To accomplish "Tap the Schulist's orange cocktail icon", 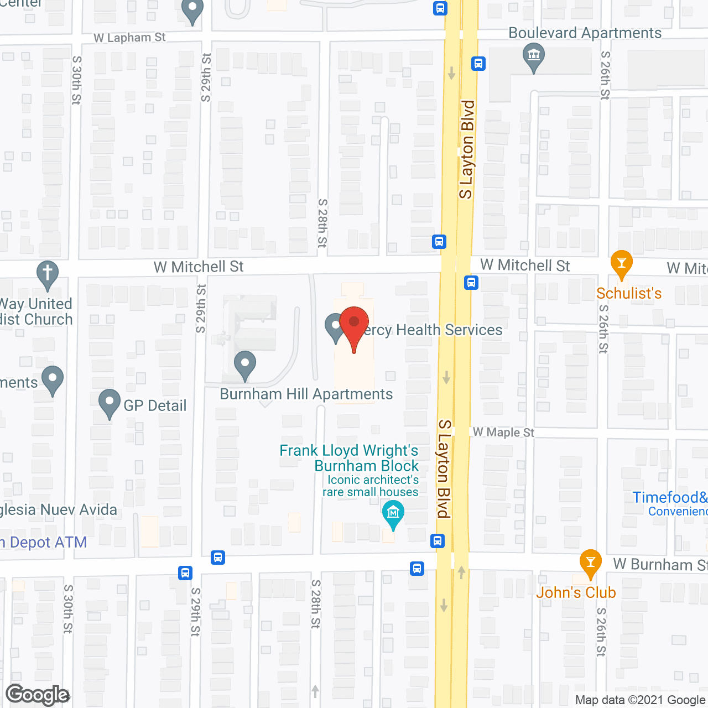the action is click(x=621, y=264).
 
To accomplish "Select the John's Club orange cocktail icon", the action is click(x=590, y=563).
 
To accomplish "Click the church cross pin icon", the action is click(x=48, y=274).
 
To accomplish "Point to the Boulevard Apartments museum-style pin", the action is click(x=534, y=57).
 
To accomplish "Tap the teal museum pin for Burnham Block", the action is click(x=393, y=514).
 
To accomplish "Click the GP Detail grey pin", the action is click(x=110, y=403).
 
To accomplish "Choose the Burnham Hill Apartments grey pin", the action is click(x=244, y=365).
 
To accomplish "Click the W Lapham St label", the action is click(x=129, y=38).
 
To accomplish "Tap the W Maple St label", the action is click(x=503, y=432).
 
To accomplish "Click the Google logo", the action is click(x=38, y=695).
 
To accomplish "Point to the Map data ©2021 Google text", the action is click(x=641, y=700).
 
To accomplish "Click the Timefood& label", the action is click(x=669, y=497).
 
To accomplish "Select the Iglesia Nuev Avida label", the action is click(x=58, y=509).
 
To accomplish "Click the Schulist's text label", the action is click(x=629, y=293).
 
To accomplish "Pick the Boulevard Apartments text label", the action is click(x=585, y=33).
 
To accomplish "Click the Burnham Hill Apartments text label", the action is click(x=306, y=394).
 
